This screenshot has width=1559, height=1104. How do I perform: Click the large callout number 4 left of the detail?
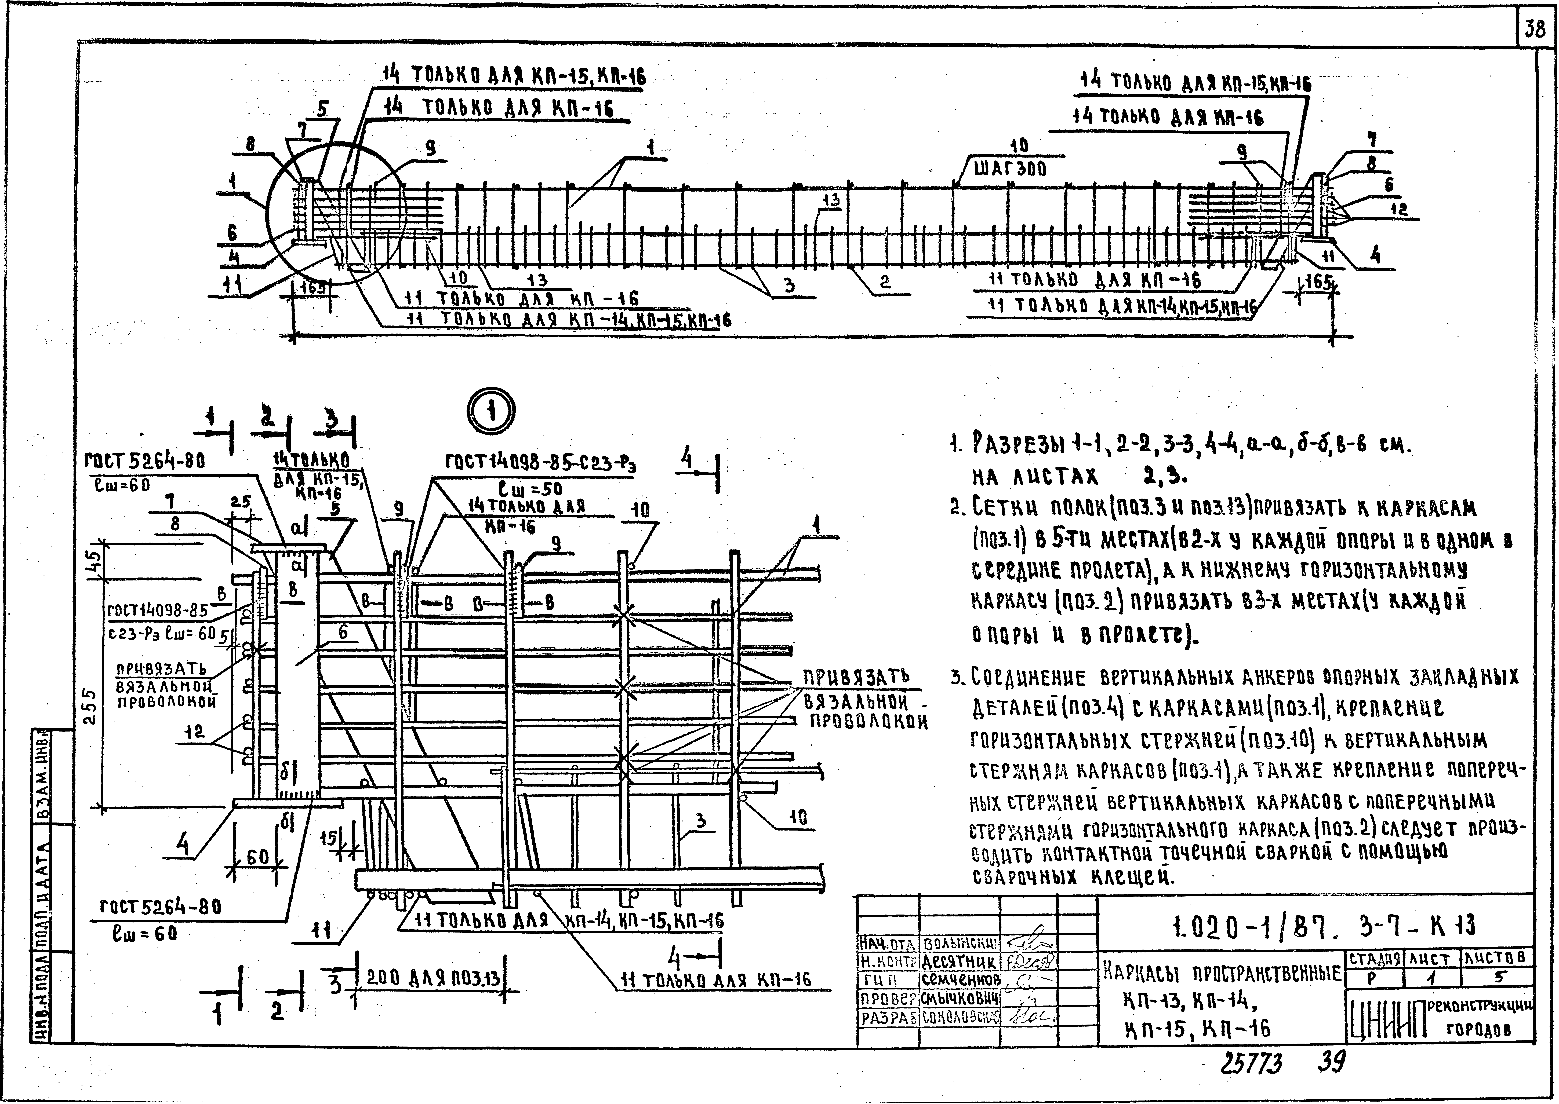pos(184,846)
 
